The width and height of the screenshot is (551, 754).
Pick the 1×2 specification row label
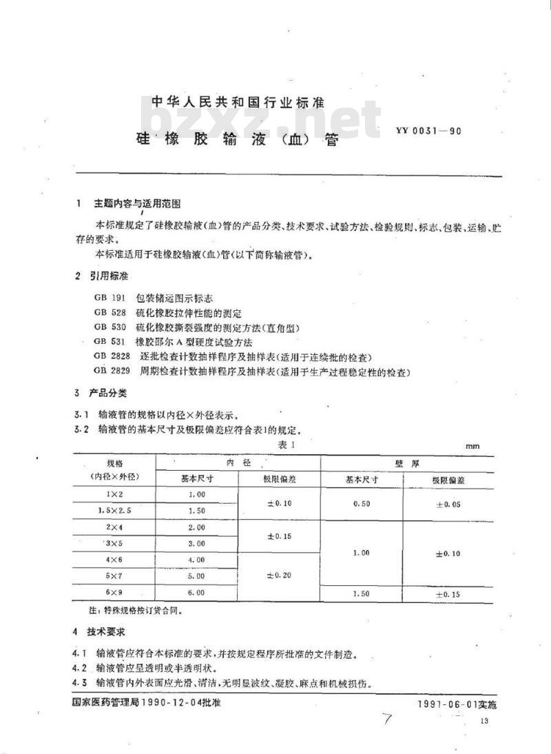113,493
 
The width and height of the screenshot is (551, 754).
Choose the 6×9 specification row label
113,591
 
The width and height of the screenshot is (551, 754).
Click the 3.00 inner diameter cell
196,543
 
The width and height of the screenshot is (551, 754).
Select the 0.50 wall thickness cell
361,503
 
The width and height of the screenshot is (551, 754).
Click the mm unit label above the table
472,447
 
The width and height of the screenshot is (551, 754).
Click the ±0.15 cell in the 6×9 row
447,593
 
